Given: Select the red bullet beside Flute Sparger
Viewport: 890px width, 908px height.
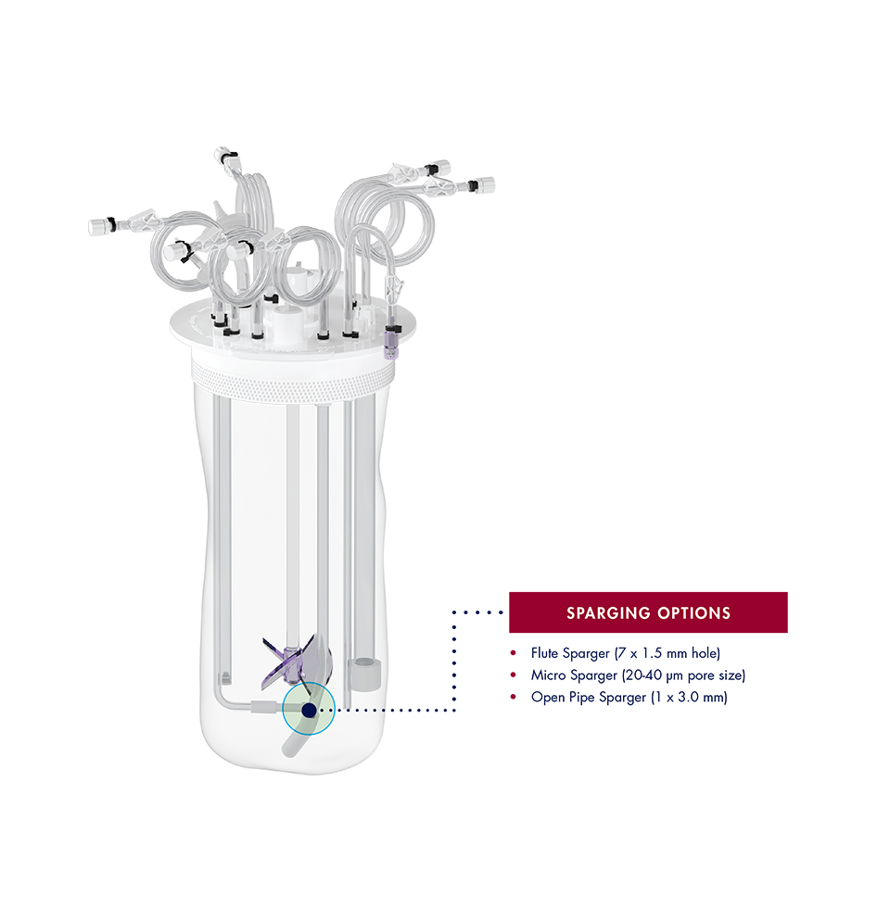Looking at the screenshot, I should (513, 653).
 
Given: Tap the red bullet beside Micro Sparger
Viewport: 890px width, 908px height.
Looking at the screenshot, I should (513, 675).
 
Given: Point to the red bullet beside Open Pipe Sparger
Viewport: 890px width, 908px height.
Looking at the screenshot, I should (513, 698).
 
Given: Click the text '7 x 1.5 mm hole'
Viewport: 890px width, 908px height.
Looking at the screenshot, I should (667, 653).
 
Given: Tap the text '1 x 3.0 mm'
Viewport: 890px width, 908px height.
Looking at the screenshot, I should (691, 698).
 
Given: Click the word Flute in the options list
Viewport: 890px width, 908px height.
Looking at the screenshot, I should (546, 653).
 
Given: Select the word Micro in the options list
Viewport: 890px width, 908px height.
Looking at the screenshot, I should (547, 675).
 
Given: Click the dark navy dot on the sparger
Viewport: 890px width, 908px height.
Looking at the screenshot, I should (308, 711).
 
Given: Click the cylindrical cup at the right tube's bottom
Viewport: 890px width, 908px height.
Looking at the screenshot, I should (362, 674).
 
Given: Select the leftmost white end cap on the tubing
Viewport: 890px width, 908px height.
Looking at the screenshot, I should (97, 225).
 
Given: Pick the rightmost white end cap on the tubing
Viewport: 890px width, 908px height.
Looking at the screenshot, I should (485, 185).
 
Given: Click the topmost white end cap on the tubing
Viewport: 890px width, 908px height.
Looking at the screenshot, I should (220, 151).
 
